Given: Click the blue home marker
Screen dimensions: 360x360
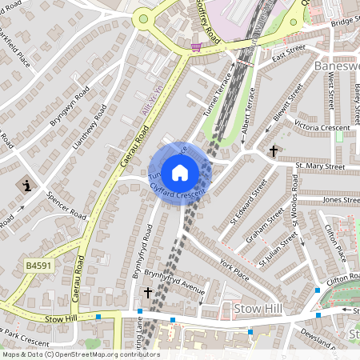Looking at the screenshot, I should click(x=180, y=172).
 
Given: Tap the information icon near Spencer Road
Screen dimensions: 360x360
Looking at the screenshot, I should click(x=28, y=186).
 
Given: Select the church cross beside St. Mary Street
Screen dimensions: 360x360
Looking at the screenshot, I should click(x=274, y=150).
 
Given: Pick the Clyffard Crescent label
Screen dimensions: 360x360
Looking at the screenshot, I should click(x=178, y=190).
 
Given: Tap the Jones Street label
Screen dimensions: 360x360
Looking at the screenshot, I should click(x=340, y=200).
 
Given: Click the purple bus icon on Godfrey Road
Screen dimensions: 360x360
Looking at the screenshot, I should click(x=195, y=47).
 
